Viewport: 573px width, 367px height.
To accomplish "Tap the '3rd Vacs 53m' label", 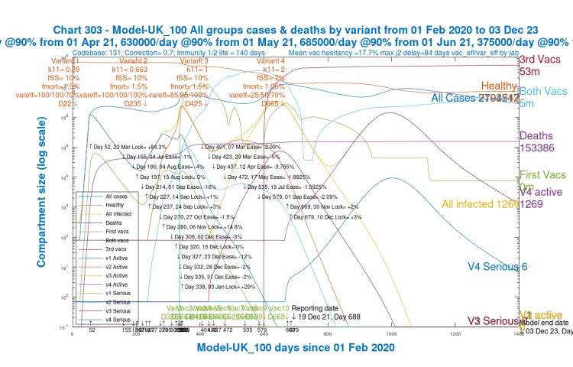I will click(542, 65).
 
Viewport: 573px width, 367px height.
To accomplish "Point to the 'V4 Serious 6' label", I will click(497, 267).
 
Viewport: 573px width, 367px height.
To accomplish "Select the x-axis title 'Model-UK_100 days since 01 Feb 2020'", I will click(296, 347).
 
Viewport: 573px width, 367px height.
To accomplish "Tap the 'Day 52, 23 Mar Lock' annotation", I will click(128, 146).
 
